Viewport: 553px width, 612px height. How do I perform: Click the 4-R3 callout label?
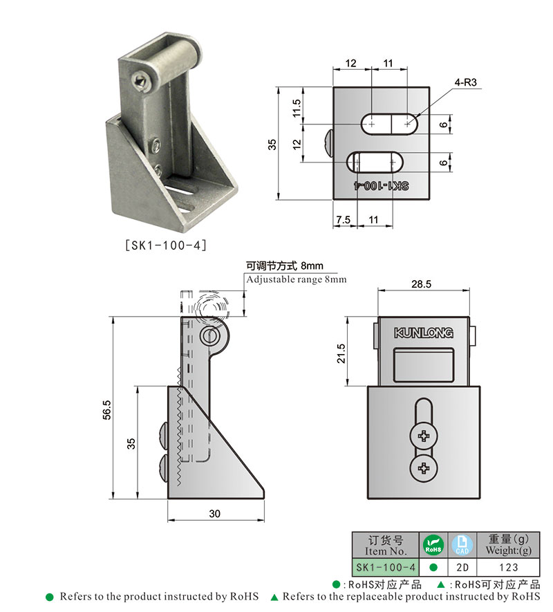[x=466, y=82]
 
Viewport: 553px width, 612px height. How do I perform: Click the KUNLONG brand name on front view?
[x=423, y=333]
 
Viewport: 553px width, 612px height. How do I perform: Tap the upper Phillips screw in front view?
[x=423, y=436]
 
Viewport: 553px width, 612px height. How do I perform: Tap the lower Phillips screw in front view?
[x=423, y=470]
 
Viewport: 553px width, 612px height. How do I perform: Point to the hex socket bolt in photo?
[x=142, y=82]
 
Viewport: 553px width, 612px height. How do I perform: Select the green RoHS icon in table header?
[x=433, y=545]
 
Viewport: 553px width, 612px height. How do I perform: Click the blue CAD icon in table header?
[x=462, y=545]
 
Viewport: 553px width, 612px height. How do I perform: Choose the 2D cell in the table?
[x=462, y=567]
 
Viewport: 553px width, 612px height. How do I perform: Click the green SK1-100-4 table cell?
[x=385, y=567]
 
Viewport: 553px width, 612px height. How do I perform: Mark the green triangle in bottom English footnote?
[x=274, y=597]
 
